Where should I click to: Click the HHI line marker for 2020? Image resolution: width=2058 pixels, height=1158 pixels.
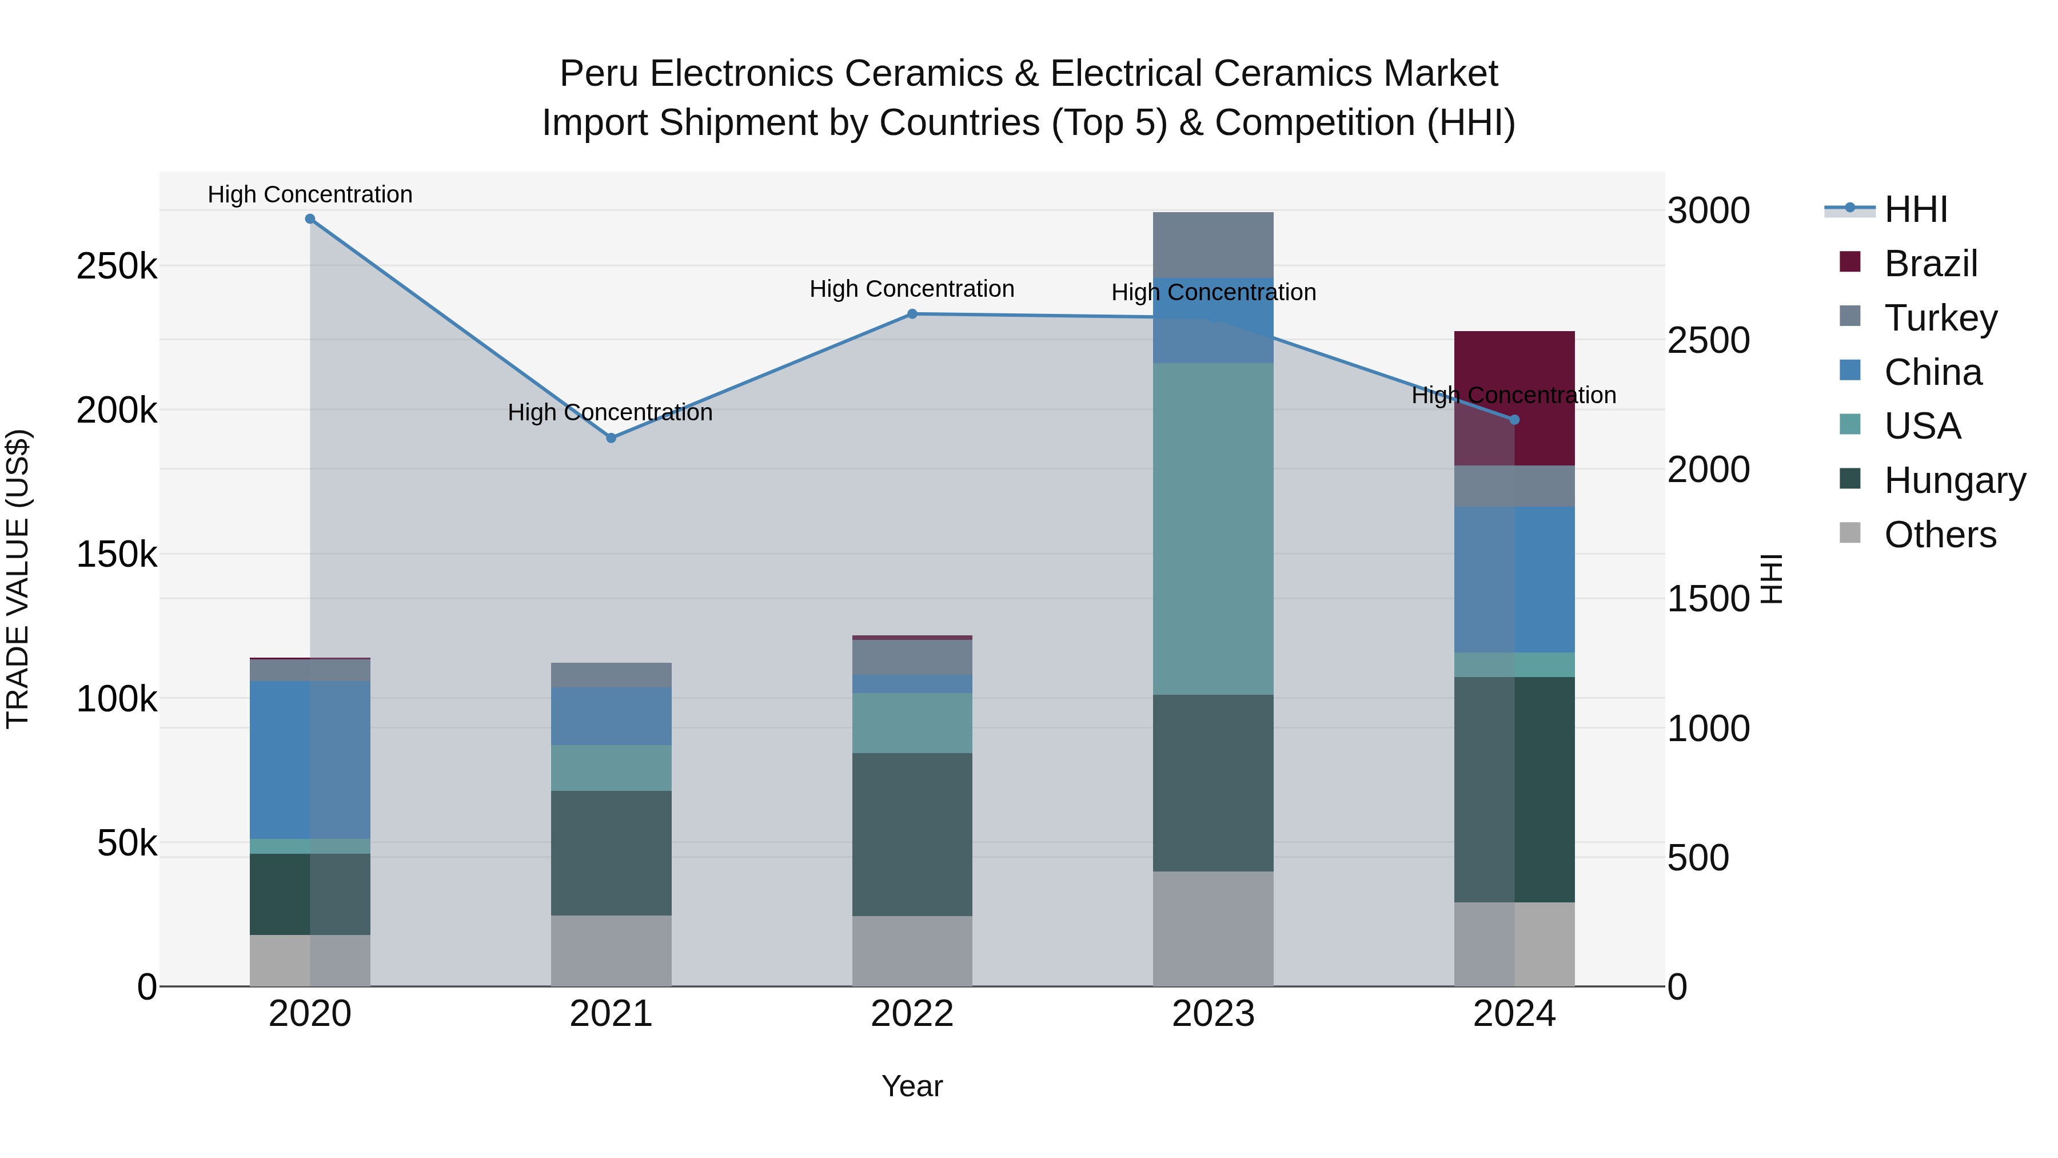(310, 219)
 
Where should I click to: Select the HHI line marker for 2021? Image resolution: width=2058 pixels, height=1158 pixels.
(611, 438)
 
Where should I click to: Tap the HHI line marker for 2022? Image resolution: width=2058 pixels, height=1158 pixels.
(912, 314)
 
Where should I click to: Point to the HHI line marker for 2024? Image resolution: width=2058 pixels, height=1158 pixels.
(1514, 420)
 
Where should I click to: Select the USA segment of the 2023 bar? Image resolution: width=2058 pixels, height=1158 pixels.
(1213, 529)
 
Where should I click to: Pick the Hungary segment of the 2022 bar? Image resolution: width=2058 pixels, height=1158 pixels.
(912, 834)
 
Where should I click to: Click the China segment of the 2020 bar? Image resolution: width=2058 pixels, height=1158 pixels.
(310, 759)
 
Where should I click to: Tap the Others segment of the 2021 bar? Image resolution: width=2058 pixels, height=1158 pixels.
(611, 950)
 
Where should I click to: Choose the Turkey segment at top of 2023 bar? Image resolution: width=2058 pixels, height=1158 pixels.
(1213, 245)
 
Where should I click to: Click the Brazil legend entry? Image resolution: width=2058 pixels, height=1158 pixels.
(1929, 264)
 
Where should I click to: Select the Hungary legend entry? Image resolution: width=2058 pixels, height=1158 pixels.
(1953, 480)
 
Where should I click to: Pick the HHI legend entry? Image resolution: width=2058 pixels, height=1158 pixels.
(1915, 209)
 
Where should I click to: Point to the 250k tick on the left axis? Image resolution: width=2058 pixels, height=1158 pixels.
(117, 266)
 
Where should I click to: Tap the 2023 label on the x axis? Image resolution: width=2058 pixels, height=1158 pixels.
(1213, 1014)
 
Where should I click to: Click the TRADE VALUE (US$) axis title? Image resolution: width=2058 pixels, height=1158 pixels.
(18, 579)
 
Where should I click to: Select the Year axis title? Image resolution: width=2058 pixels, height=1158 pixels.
(912, 1086)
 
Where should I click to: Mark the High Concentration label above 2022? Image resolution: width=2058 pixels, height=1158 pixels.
(912, 289)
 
